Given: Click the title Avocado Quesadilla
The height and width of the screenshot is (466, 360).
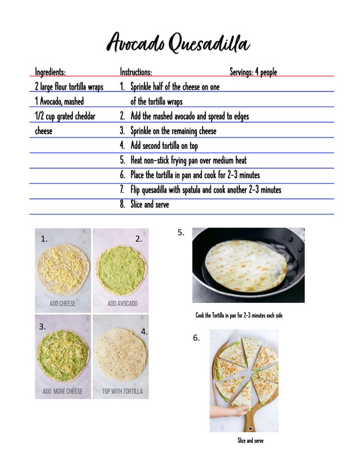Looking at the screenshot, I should coord(179,44).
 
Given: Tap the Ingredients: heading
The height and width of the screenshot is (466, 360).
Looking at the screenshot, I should coord(50,72).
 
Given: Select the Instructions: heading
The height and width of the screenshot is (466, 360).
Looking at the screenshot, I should coord(135,72).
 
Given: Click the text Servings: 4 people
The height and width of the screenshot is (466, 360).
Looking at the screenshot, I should coord(253,72).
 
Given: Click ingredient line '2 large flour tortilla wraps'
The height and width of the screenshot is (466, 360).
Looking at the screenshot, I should coord(69,87).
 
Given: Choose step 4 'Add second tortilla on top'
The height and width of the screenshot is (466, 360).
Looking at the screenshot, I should coord(164,146).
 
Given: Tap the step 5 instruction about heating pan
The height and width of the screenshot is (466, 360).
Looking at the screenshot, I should coord(188,160).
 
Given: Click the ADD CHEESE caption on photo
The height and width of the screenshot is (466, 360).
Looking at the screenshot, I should coord(63,304).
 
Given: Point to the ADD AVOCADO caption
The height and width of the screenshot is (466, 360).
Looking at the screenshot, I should coord(122,304).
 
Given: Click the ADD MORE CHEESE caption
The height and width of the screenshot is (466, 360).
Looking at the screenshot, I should coord(63,391).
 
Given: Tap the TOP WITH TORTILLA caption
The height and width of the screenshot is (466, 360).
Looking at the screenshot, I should coord(122,391).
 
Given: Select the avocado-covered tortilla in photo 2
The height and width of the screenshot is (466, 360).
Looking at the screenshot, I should coord(121,270).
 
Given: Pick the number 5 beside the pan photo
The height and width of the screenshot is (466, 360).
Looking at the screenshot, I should coord(181,232).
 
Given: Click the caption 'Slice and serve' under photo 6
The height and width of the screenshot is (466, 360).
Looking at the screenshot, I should coord(250,441).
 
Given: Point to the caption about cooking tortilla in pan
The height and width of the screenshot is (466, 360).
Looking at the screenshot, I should coord(239,315).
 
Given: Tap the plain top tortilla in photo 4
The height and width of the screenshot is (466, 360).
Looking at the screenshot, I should coord(120,354).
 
